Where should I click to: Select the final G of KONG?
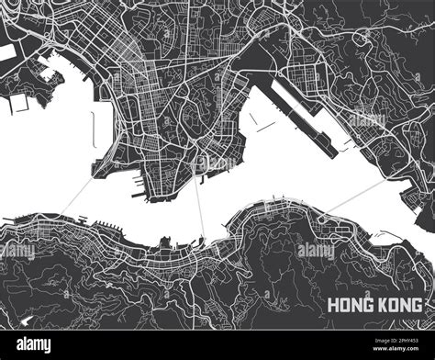[x=418, y=305]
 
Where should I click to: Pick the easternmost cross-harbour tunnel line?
[x=353, y=197]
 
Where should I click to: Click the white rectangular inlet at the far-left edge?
[x=7, y=53]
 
